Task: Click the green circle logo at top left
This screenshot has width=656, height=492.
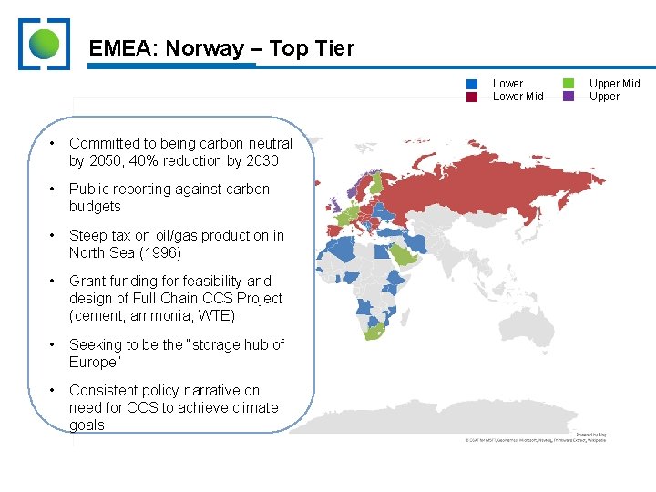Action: pyautogui.click(x=44, y=43)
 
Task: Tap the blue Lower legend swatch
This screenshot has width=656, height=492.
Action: pyautogui.click(x=472, y=84)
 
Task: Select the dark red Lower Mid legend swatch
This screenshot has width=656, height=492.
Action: pyautogui.click(x=472, y=97)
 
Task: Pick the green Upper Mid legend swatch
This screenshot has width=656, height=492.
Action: pyautogui.click(x=569, y=84)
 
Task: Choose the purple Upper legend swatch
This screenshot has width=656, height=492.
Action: pyautogui.click(x=569, y=97)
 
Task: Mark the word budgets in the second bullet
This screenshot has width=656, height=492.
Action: pyautogui.click(x=95, y=207)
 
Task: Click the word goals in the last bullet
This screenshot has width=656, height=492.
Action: pyautogui.click(x=87, y=425)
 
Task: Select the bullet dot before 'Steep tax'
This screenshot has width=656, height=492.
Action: pyautogui.click(x=55, y=235)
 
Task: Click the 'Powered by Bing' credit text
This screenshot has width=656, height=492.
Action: pyautogui.click(x=590, y=435)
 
